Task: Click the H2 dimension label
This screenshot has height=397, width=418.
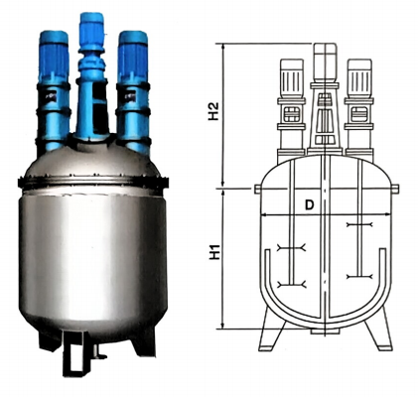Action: pyautogui.click(x=213, y=111)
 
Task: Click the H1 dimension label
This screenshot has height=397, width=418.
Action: pyautogui.click(x=214, y=251)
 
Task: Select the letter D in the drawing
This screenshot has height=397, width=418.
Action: pyautogui.click(x=309, y=205)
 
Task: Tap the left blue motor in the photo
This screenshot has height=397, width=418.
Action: pyautogui.click(x=54, y=57)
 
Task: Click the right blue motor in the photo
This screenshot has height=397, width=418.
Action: pyautogui.click(x=133, y=57)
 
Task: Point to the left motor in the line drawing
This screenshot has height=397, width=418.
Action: pyautogui.click(x=292, y=78)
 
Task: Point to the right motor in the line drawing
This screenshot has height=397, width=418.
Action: pyautogui.click(x=359, y=78)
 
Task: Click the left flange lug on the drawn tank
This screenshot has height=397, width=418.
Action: pyautogui.click(x=257, y=189)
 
